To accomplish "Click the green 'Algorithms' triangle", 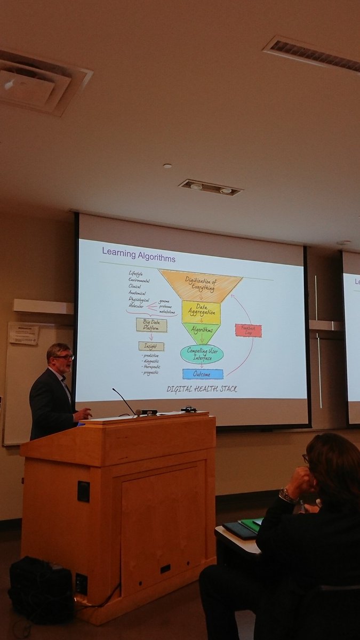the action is [201, 331].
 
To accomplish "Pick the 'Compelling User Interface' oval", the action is [201, 354].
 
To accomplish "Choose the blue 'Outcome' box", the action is [203, 374].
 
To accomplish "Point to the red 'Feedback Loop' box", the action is [249, 330].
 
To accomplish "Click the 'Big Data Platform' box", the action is [151, 325].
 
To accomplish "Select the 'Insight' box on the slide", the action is [151, 346].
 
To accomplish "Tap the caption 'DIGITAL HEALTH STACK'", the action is [202, 389].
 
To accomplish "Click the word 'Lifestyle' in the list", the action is [135, 274].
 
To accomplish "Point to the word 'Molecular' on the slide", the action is [136, 306].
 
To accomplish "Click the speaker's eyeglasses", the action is [65, 357].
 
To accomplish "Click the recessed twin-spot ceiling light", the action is [210, 187].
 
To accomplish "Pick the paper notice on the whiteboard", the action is [24, 334].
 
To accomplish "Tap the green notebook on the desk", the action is [250, 525].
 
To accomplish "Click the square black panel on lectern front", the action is [83, 491].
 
